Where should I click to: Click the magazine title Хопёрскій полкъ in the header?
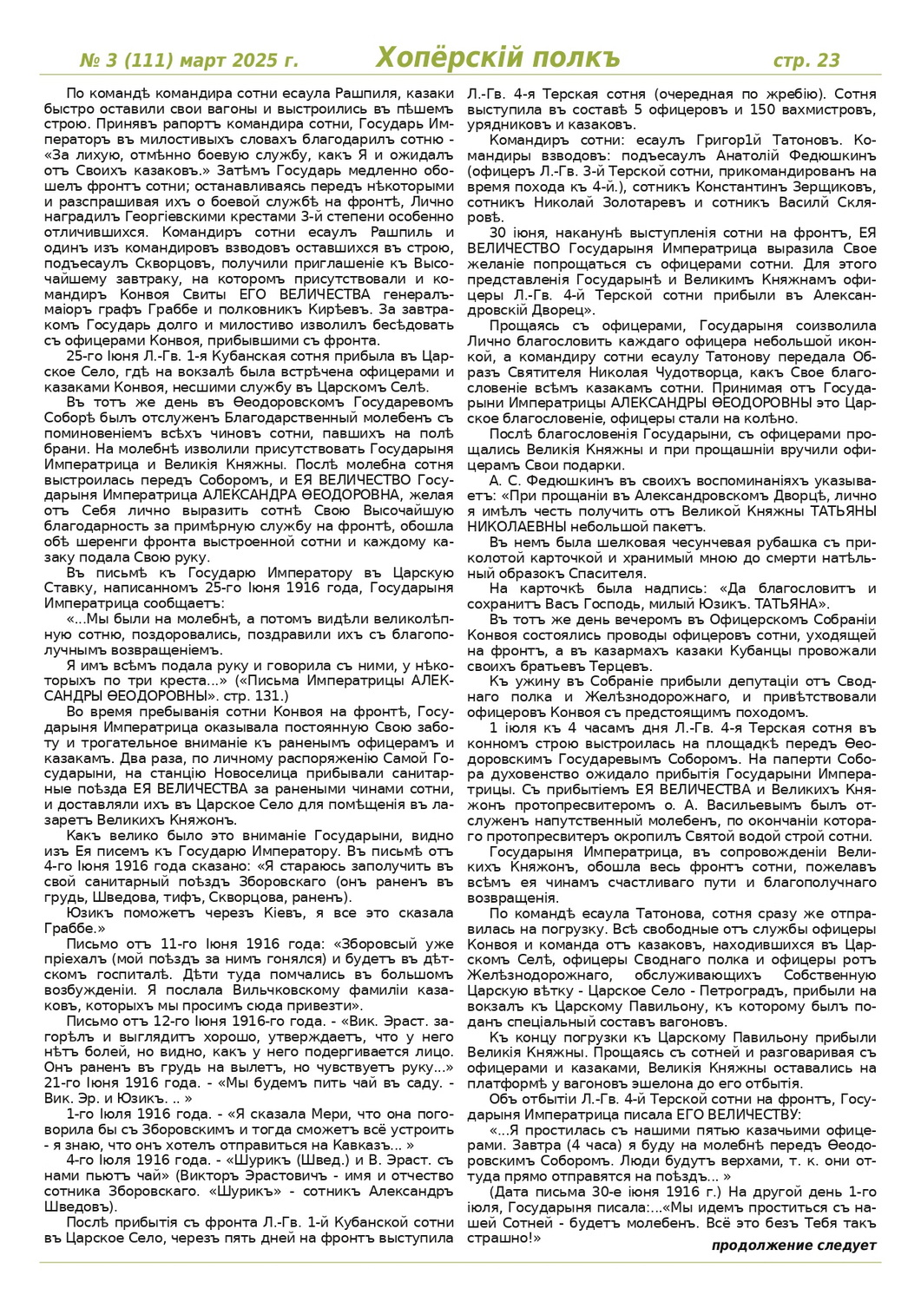click(497, 58)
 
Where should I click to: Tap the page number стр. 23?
click(806, 60)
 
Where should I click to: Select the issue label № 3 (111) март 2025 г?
click(188, 61)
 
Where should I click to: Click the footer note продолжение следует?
click(793, 1246)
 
